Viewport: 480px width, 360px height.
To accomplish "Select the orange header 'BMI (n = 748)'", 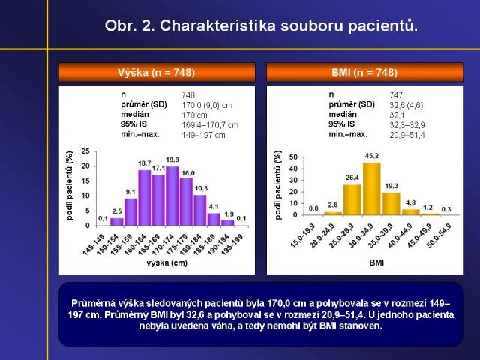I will [x=364, y=73].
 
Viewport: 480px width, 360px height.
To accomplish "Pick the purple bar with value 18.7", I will [x=145, y=198].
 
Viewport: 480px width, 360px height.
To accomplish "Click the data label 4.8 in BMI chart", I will [x=410, y=202].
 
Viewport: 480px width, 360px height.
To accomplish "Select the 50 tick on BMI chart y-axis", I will [x=294, y=157].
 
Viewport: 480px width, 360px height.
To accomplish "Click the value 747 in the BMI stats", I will [x=396, y=94].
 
